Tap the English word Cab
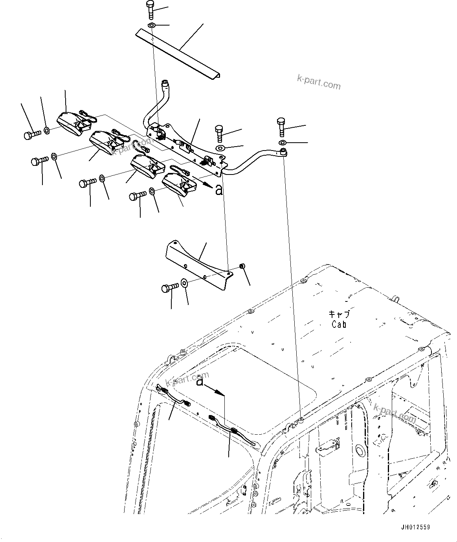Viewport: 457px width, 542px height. point(339,324)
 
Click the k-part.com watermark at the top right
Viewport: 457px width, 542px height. point(319,82)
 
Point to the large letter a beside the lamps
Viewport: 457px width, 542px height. point(219,190)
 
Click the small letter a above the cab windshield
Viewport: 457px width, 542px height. point(200,381)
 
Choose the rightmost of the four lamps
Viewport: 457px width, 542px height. point(177,184)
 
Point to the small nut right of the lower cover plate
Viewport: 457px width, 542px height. point(242,267)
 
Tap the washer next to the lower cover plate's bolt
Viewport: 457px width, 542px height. point(184,282)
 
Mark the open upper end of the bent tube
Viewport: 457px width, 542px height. point(165,83)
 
